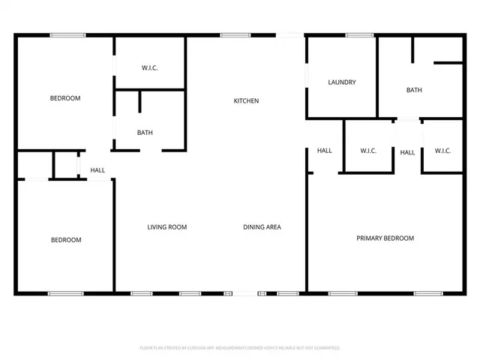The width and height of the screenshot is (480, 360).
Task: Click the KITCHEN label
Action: click(x=246, y=100)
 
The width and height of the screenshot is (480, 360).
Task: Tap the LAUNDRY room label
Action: click(x=341, y=82)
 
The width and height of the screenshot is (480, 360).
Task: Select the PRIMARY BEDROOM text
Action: click(x=385, y=238)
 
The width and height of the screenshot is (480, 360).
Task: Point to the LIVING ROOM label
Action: click(x=166, y=227)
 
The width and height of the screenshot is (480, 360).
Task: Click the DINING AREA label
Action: click(x=262, y=227)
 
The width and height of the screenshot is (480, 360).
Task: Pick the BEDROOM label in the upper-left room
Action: click(x=65, y=98)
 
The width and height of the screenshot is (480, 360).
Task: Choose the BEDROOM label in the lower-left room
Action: click(x=66, y=240)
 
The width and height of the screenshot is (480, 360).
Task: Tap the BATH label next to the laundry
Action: click(x=414, y=90)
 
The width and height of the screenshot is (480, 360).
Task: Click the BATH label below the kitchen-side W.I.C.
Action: click(x=145, y=133)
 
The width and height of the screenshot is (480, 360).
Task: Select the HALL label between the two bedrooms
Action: click(x=97, y=170)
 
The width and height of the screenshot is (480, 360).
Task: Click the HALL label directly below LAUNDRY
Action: click(x=324, y=151)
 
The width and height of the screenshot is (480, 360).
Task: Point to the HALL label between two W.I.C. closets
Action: click(x=407, y=153)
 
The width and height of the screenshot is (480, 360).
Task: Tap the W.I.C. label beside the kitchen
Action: click(x=150, y=68)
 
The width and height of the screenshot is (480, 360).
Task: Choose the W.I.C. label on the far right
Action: click(x=442, y=151)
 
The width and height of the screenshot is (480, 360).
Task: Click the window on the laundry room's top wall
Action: click(x=360, y=34)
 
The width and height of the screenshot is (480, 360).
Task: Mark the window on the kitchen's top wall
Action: click(x=235, y=34)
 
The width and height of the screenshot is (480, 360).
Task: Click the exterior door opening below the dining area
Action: click(x=245, y=293)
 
